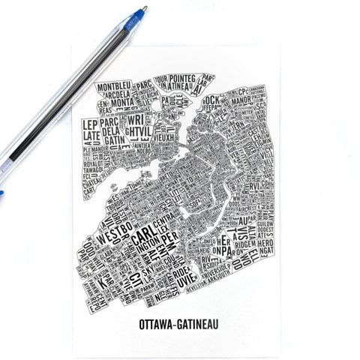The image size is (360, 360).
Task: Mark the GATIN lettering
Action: tap(115, 140)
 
